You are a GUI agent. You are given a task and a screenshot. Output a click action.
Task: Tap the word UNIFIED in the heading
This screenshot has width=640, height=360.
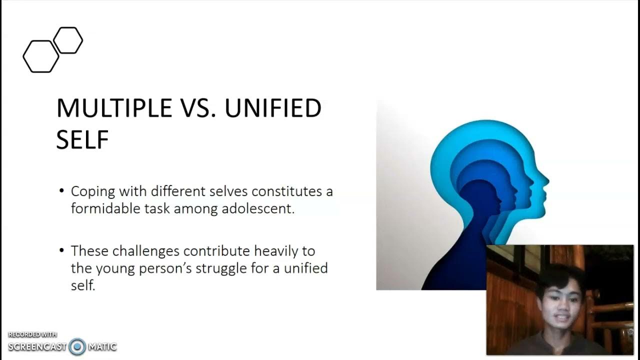tap(272, 108)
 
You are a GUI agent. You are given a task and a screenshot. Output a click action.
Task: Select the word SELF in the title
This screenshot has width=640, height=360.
tap(82, 139)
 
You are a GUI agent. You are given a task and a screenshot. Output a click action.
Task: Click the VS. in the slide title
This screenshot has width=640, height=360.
tap(196, 108)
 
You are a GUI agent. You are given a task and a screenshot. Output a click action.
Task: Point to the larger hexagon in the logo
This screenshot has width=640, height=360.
tap(40, 56)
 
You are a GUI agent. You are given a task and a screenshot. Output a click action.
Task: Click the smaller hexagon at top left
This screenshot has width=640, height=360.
tap(68, 40)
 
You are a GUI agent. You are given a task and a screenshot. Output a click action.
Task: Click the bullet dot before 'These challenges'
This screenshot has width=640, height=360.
tap(61, 250)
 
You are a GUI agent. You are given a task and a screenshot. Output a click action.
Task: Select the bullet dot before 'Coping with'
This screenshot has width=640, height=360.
tap(61, 191)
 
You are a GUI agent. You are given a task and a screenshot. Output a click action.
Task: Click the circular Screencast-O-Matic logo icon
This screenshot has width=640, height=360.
tap(77, 346)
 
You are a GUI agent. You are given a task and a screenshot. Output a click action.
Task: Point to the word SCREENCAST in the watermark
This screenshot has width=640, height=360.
tap(37, 346)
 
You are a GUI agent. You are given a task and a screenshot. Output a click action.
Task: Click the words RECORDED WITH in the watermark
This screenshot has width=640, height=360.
tap(32, 334)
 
